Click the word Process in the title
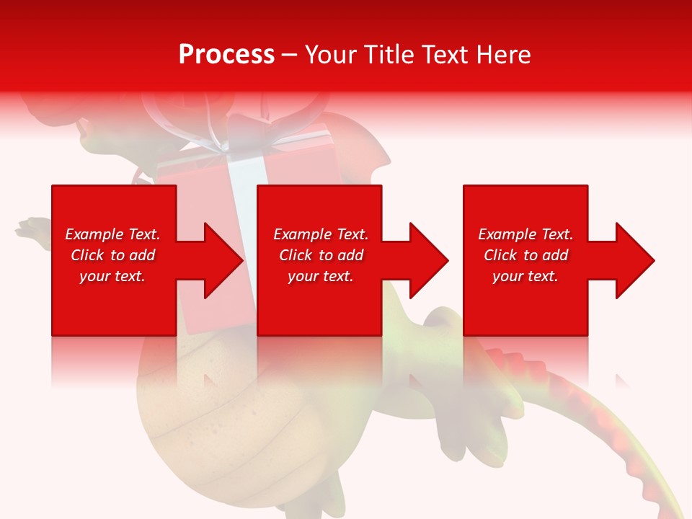coord(226,55)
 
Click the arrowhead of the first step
coord(222,260)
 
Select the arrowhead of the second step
coord(427,260)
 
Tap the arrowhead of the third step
coord(634,260)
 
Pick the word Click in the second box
coord(297,255)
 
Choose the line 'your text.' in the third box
coord(525,276)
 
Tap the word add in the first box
coord(142,255)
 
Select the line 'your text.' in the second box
coord(320,276)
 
